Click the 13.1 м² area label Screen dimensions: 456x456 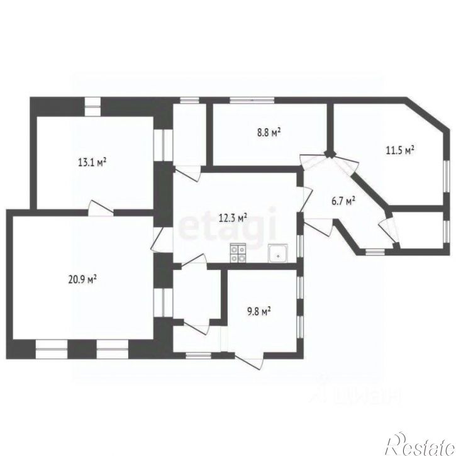click(92, 162)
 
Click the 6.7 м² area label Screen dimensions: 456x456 click(344, 201)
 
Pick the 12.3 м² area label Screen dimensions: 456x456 click(233, 218)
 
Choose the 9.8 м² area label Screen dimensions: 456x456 click(259, 310)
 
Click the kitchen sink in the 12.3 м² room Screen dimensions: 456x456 click(277, 253)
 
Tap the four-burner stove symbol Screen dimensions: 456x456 click(238, 253)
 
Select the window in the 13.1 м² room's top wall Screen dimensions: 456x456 click(93, 105)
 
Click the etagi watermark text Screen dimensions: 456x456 click(228, 223)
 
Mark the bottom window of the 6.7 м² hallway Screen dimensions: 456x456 click(375, 252)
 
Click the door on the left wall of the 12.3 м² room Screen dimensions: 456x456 click(158, 238)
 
